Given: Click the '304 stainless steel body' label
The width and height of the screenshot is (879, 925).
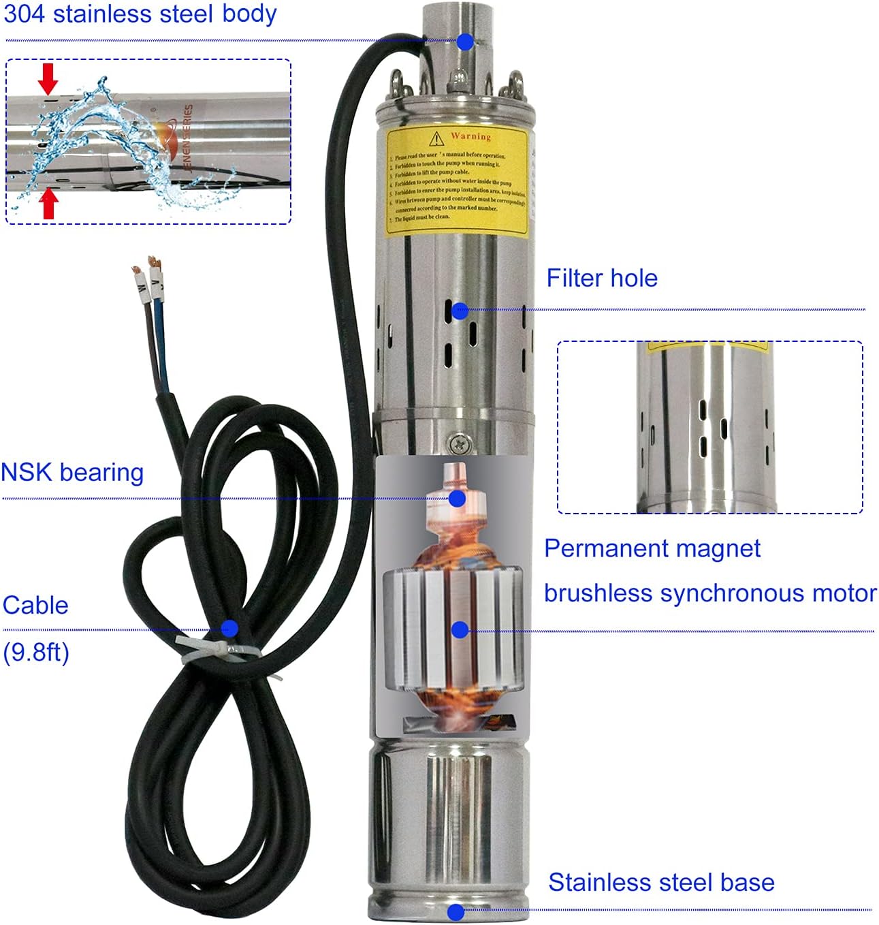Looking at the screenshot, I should click(x=140, y=14).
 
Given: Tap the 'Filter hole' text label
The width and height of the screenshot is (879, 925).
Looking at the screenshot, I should click(x=602, y=279).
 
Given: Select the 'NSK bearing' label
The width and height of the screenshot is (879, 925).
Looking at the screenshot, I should click(x=72, y=473).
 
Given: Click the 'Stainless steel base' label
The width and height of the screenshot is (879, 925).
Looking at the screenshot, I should click(x=661, y=883).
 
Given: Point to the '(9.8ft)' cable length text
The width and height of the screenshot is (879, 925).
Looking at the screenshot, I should click(x=36, y=653).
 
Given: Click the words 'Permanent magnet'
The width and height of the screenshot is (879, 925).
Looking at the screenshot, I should click(x=652, y=549).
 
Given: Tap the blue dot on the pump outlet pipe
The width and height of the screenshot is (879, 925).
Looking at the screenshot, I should click(x=465, y=42).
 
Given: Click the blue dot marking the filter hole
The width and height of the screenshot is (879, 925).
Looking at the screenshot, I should click(x=460, y=311).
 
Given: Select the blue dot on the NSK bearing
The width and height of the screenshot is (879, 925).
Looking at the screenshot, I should click(x=458, y=499).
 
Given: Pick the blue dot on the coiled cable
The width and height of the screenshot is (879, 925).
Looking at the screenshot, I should click(x=229, y=628).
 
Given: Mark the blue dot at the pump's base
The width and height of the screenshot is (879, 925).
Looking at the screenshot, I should click(x=456, y=911).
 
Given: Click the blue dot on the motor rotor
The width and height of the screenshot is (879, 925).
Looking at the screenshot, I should click(x=460, y=630).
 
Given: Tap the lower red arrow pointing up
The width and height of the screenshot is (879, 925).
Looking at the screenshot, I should click(x=48, y=204).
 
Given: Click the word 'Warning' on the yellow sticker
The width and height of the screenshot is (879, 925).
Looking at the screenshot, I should click(x=470, y=136).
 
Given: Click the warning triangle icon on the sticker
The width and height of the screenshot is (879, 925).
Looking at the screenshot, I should click(x=436, y=139).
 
